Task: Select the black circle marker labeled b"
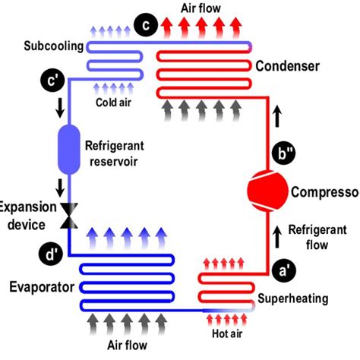[x=287, y=155]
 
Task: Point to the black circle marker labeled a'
[x=282, y=267]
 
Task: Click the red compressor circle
[x=266, y=190]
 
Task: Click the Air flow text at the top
[x=202, y=8]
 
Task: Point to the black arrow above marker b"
[x=276, y=116]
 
